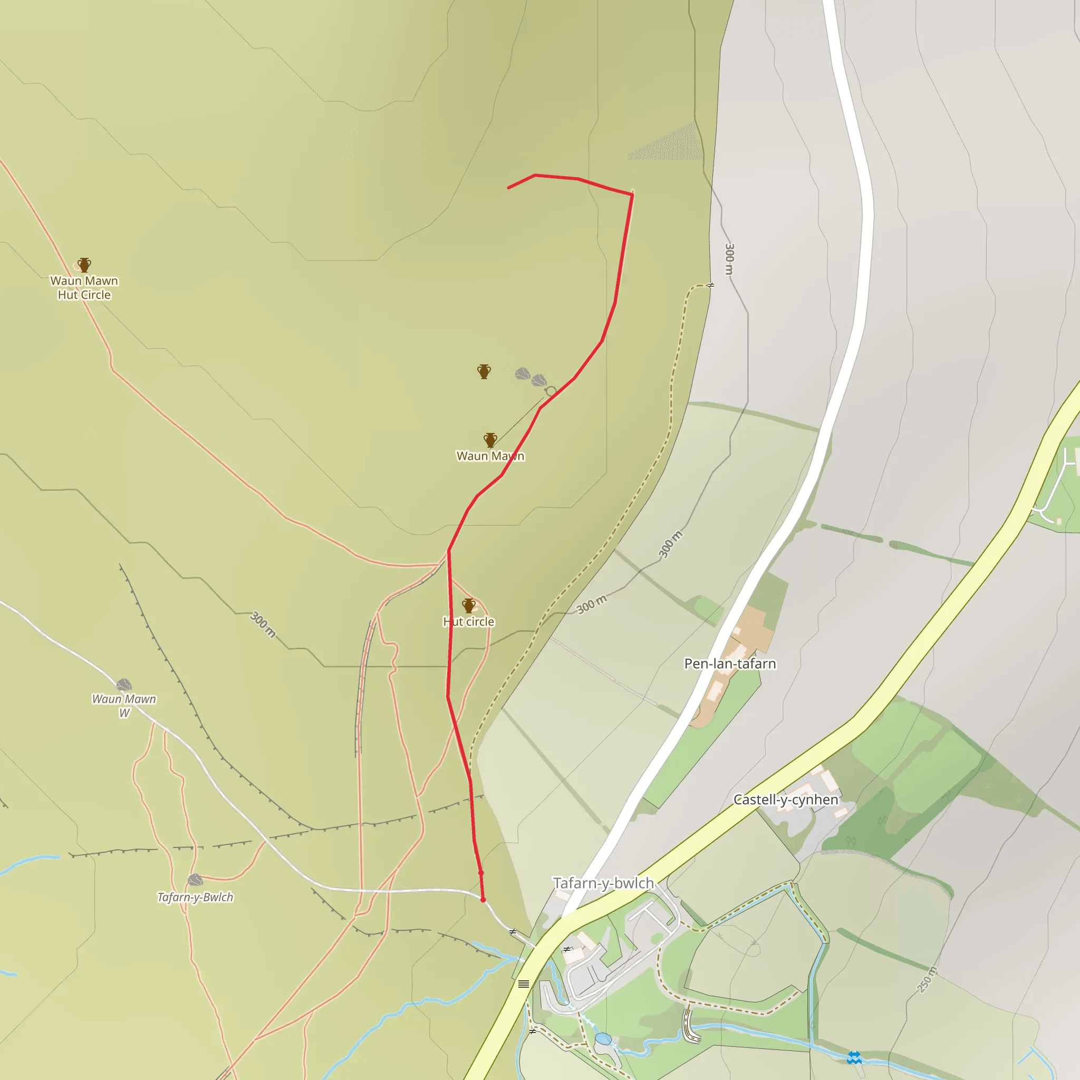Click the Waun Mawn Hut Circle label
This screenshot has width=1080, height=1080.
pos(84,287)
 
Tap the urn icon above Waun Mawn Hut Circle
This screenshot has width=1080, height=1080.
pos(84,264)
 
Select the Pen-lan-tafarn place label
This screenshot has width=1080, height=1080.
pos(730,663)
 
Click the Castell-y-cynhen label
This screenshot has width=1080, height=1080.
pos(785,799)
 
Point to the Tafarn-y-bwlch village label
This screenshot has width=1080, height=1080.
pos(603,883)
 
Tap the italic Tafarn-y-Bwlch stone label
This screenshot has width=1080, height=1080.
pos(195,897)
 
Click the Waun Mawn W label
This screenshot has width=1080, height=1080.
pos(123,706)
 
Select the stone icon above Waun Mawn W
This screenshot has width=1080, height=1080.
pos(123,685)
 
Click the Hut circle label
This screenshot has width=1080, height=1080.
pos(468,622)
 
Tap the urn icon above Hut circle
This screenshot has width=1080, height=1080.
pos(468,605)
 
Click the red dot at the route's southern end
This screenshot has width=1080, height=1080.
pos(483,900)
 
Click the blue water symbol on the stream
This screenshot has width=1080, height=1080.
pos(854,1057)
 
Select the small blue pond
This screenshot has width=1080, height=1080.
pos(603,1039)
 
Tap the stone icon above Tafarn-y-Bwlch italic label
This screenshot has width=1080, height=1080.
pos(195,880)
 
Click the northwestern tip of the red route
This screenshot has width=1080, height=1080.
pos(508,188)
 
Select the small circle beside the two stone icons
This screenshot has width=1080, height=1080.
pos(551,391)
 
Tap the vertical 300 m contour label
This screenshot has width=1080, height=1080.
pos(729,259)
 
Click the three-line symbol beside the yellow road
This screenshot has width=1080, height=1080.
pos(523,984)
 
